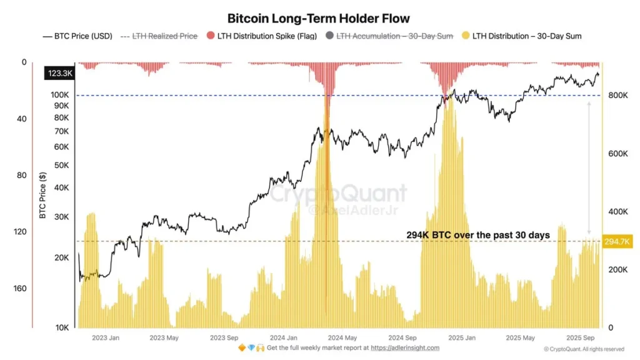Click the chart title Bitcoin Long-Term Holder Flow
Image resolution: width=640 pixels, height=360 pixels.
319,19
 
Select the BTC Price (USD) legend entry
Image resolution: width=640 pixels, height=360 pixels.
77,36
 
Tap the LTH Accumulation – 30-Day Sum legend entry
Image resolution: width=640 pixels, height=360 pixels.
389,36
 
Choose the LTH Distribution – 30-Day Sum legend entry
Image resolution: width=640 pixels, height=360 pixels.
522,36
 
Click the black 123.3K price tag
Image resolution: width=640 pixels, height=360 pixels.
58,74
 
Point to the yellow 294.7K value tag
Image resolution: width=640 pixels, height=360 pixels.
616,241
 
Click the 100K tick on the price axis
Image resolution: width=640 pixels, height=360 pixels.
60,95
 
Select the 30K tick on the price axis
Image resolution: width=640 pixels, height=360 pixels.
62,217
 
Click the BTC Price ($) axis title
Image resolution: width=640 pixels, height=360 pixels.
43,196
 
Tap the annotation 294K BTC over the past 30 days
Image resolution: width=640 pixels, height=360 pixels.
478,235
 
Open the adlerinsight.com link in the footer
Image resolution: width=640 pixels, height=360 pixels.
405,348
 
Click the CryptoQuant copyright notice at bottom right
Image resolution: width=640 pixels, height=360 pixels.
583,349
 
